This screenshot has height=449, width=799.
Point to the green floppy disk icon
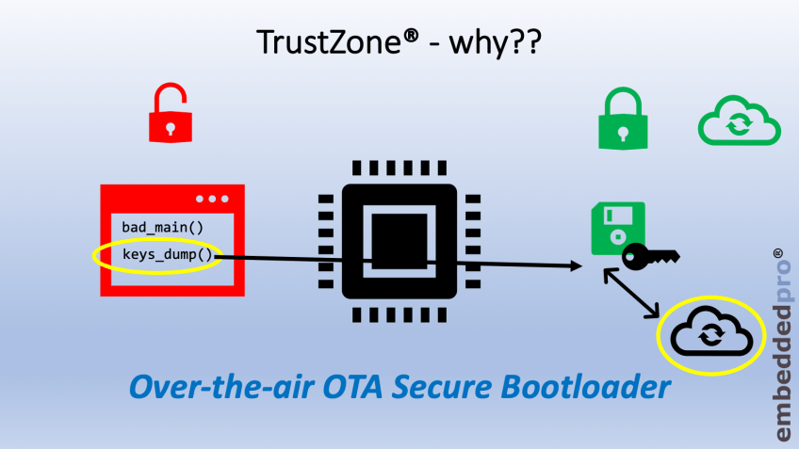coord(617,227)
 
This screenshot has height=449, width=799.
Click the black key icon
coord(650,253)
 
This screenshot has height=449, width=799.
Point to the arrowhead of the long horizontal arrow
coord(574,267)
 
